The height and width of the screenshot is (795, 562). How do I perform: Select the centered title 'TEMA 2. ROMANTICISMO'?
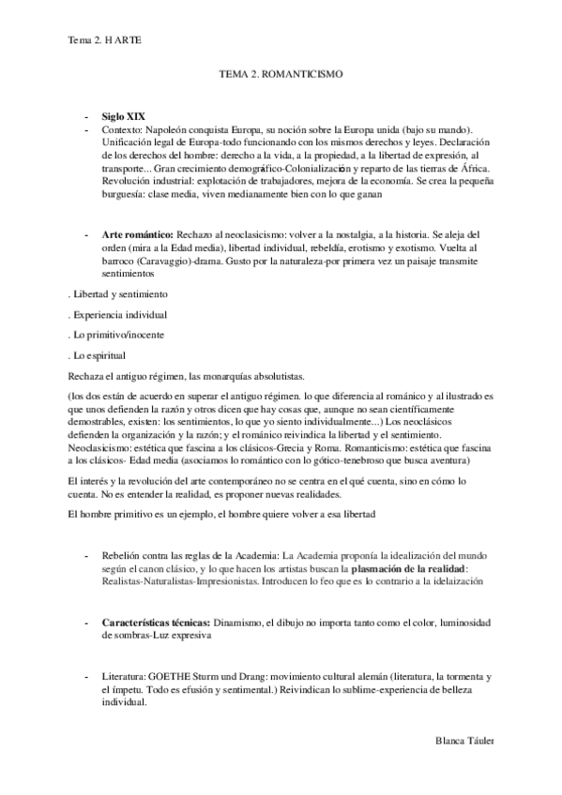tap(281, 72)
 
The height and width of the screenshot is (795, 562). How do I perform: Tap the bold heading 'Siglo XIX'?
tap(124, 113)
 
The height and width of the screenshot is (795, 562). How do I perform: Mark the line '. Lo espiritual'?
tap(97, 354)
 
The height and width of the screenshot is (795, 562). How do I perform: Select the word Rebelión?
tap(124, 555)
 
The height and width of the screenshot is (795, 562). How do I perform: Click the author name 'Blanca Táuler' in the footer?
tap(463, 741)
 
